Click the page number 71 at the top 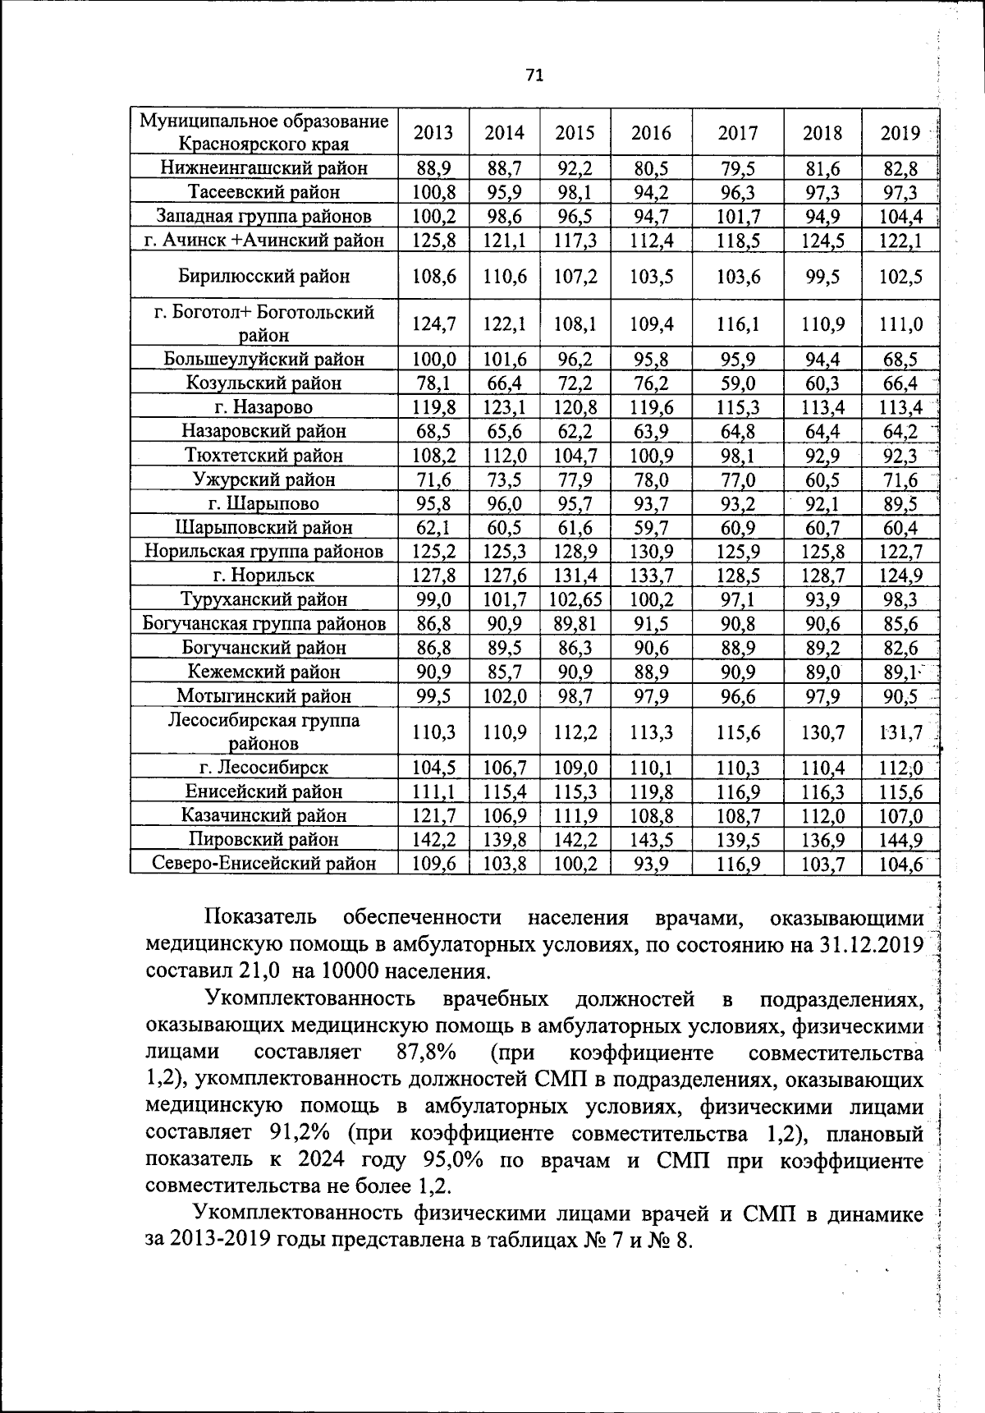[534, 76]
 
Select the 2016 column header [651, 133]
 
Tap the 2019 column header [900, 133]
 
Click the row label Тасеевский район [263, 192]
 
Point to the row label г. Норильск [263, 575]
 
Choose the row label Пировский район [263, 839]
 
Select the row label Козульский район [263, 383]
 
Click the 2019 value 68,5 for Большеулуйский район [900, 360]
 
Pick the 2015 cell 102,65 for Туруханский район [575, 599]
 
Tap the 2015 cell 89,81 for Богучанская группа [575, 623]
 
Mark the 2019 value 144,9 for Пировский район [900, 840]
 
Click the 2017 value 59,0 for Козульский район [737, 383]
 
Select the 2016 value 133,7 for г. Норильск [651, 576]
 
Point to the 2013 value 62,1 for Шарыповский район [433, 527]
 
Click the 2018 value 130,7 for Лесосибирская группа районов [822, 732]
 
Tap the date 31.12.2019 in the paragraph [871, 944]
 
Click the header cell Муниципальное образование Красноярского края [263, 133]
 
